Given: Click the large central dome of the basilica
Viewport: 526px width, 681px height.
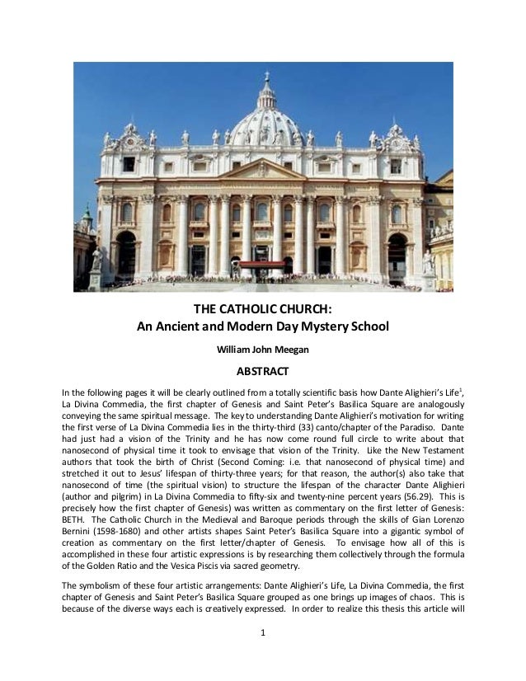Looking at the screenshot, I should click(265, 123).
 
